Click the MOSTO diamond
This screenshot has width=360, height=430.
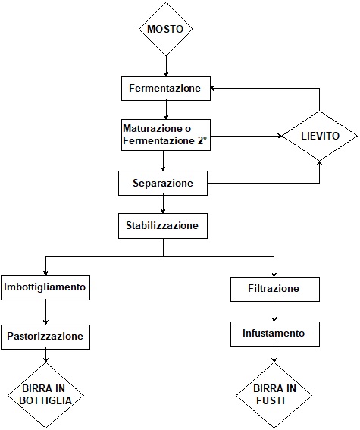coord(165,29)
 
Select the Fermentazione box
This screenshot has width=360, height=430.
coord(166,88)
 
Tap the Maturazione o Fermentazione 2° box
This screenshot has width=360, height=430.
coord(166,135)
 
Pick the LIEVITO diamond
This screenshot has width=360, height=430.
coord(320,136)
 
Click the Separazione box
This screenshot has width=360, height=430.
coord(163,184)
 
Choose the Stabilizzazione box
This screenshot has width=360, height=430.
coord(163,226)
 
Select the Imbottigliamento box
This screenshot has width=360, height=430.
coord(45,287)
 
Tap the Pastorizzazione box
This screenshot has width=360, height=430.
coord(45,337)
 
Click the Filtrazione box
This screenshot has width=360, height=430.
coord(275,289)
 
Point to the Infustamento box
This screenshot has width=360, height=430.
coord(275,334)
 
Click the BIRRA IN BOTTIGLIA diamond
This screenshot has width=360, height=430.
coord(45,395)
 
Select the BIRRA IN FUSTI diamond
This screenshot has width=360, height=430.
coord(274,395)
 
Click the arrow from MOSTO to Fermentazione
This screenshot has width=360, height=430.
coord(166,66)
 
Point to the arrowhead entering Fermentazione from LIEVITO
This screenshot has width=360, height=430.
coord(213,88)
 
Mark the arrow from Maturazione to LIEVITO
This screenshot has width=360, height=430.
coord(246,136)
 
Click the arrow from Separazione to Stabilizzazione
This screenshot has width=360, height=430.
coord(163,205)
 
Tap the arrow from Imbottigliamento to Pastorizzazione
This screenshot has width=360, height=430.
coord(45,312)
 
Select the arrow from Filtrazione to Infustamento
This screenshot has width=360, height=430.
coord(274,312)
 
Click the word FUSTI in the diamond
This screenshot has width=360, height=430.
coord(271,400)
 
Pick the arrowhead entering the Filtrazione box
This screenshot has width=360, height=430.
coord(274,275)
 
